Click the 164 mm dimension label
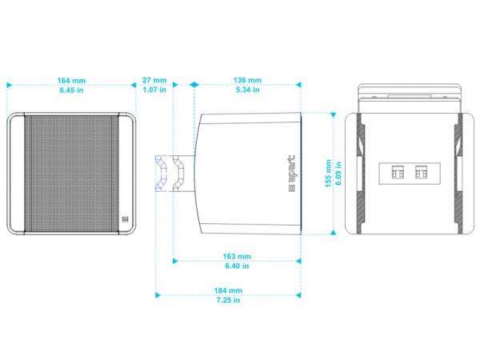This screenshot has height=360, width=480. (x=71, y=81)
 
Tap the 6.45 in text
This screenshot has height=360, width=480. (x=71, y=90)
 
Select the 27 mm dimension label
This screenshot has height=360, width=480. (x=154, y=80)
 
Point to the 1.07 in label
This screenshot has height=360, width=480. (x=154, y=90)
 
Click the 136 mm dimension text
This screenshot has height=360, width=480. (x=247, y=80)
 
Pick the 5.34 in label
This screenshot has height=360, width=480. (x=247, y=90)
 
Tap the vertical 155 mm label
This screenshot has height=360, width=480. (x=328, y=174)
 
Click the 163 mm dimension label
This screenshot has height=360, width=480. (x=237, y=256)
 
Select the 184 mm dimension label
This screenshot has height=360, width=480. (x=228, y=290)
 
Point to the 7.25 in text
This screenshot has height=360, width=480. (x=228, y=300)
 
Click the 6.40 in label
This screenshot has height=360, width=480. (x=237, y=266)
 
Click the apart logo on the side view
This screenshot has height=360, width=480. (x=292, y=174)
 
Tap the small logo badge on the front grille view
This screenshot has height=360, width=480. (x=125, y=219)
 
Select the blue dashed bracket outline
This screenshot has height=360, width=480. (x=162, y=174)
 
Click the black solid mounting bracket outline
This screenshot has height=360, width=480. (x=178, y=174)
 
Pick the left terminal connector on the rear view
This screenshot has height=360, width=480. (x=398, y=172)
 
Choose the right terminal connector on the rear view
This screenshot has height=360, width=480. (x=422, y=172)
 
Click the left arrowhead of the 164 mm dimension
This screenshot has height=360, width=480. (x=9, y=85)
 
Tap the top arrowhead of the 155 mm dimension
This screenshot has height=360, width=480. (x=333, y=115)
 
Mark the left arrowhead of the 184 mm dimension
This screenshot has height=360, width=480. (x=158, y=295)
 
